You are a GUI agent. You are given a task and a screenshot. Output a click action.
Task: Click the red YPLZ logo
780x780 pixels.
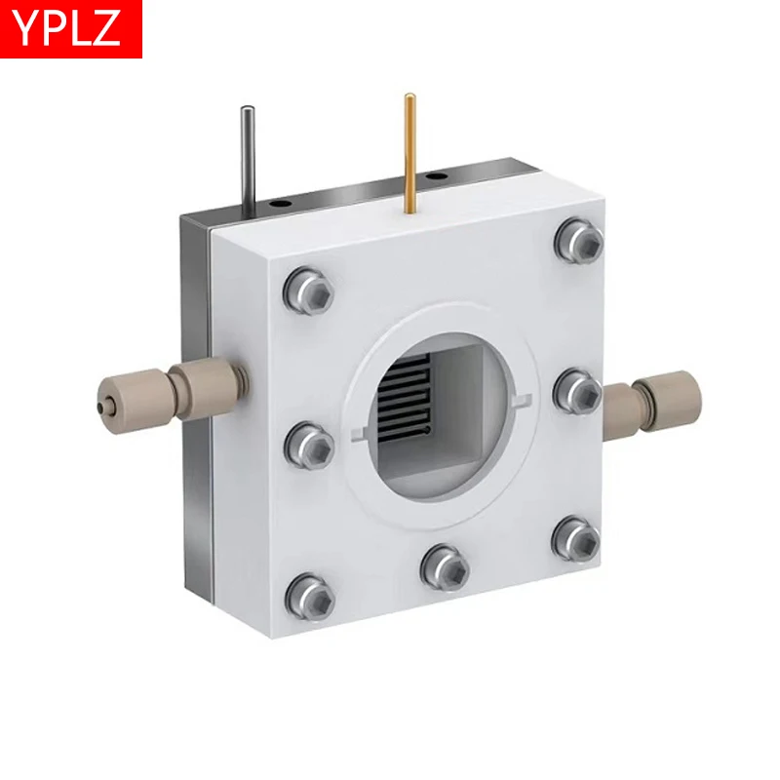71,28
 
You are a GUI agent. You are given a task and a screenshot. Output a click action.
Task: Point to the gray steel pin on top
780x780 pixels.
250,156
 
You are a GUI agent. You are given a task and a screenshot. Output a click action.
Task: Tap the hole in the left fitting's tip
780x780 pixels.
100,401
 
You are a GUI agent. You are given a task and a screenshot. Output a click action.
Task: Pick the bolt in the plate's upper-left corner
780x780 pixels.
311,290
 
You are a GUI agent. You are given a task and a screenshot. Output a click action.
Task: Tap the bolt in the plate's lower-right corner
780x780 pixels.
576,538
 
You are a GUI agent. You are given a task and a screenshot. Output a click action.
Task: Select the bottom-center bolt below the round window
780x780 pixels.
445,566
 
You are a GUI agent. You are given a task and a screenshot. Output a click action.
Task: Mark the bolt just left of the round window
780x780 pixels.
309,445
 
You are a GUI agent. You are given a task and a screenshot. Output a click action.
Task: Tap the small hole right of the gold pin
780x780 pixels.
437,176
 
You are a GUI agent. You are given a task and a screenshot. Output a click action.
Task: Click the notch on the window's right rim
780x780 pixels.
522,397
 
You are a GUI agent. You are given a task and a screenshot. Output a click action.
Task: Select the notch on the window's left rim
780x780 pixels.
362,430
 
